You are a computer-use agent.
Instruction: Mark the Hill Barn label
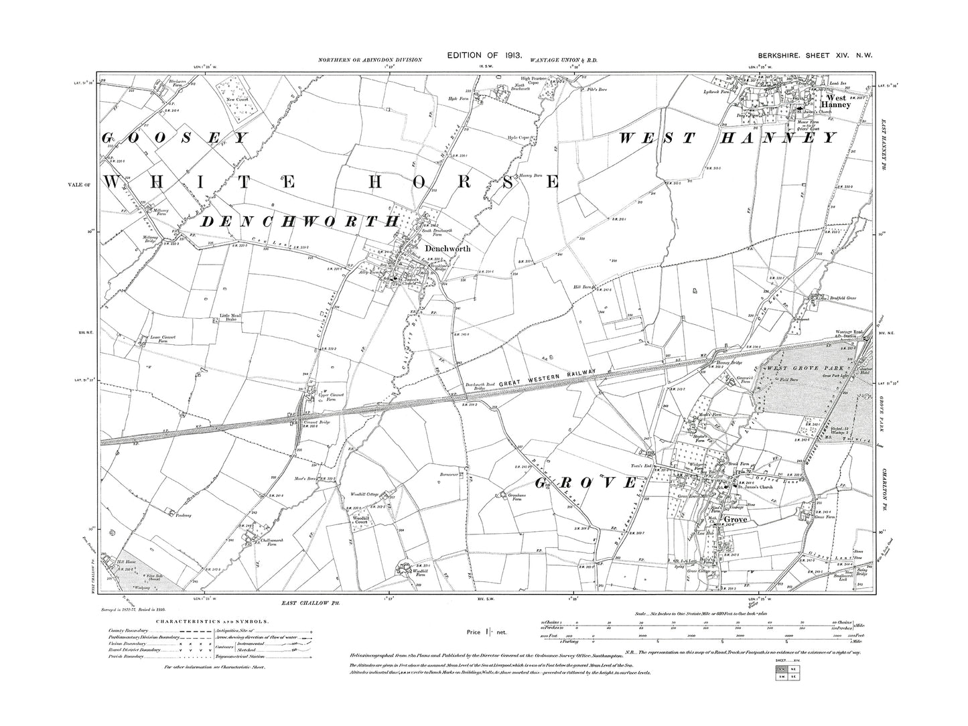click(581, 287)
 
